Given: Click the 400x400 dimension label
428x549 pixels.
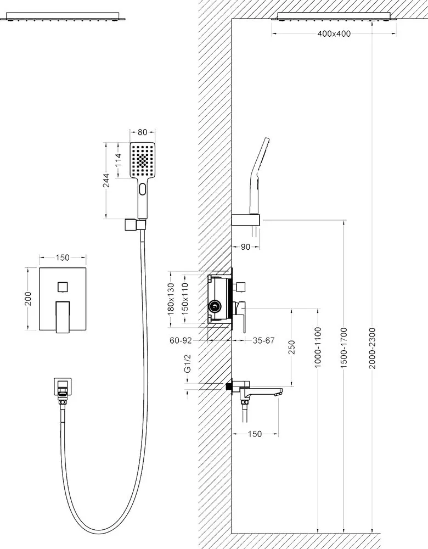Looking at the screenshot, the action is click(x=334, y=33).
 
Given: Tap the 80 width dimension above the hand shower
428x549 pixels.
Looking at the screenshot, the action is click(x=142, y=132).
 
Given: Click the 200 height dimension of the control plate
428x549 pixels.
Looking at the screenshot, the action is click(x=29, y=299).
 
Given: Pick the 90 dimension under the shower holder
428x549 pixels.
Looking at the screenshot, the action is click(x=246, y=247).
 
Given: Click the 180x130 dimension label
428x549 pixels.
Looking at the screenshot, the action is click(x=171, y=299).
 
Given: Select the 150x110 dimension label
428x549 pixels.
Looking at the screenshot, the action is click(x=185, y=299).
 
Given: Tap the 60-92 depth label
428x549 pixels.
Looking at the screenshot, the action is click(x=181, y=340).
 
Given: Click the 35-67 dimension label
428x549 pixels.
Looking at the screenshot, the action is click(x=263, y=340).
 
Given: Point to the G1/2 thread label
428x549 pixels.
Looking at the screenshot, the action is click(x=188, y=363).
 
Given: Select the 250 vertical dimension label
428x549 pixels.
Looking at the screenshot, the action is click(x=291, y=347).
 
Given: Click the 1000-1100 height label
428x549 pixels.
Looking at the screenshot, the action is click(x=317, y=347).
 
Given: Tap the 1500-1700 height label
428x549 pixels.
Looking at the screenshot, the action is click(x=343, y=348).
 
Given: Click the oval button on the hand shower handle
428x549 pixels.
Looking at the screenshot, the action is click(x=143, y=189).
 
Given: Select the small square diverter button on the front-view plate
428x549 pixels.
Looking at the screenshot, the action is click(x=63, y=287).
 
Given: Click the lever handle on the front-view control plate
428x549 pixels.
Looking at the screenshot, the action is click(x=63, y=317).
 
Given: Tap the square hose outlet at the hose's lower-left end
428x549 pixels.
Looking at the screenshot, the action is click(x=63, y=386).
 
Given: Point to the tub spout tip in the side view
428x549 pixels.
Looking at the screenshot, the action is click(x=279, y=392).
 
